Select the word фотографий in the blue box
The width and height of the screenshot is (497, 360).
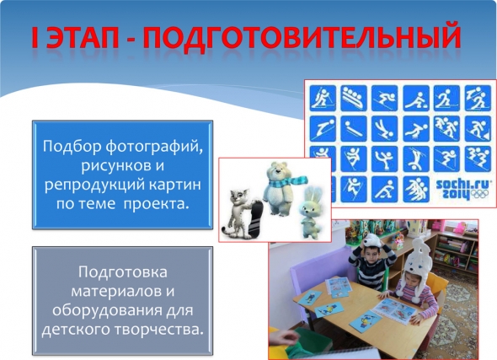pyautogui.click(x=154, y=148)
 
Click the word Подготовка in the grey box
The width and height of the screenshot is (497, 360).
pyautogui.click(x=123, y=272)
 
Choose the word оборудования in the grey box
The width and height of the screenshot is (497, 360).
pyautogui.click(x=107, y=310)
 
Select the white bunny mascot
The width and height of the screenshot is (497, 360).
pyautogui.click(x=310, y=212)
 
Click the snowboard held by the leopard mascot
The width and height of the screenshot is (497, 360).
pyautogui.click(x=256, y=218)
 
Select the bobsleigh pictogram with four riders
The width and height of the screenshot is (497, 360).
pyautogui.click(x=354, y=98)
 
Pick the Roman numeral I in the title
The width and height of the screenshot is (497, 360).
pyautogui.click(x=35, y=37)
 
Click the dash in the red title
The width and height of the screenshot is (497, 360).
pyautogui.click(x=131, y=40)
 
